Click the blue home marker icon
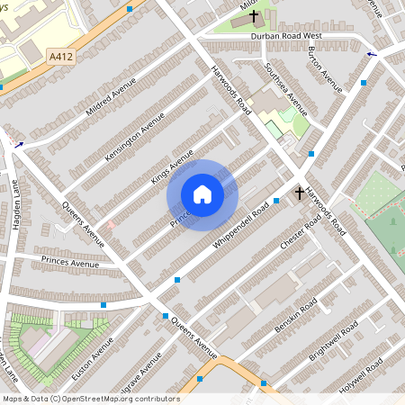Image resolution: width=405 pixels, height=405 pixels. (x=202, y=194)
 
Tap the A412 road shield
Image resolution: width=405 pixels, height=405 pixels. (x=60, y=56)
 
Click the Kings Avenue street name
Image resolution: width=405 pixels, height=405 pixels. (x=172, y=167)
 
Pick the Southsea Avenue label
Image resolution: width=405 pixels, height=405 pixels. (x=287, y=90)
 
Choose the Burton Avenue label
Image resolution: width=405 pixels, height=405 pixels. (x=325, y=68)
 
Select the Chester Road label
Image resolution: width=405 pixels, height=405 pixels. (x=301, y=236)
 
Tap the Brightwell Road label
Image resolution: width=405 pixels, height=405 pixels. (x=333, y=341)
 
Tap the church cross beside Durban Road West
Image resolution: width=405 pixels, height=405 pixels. (x=254, y=17)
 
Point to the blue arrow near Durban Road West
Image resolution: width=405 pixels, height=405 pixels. (x=372, y=54)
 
